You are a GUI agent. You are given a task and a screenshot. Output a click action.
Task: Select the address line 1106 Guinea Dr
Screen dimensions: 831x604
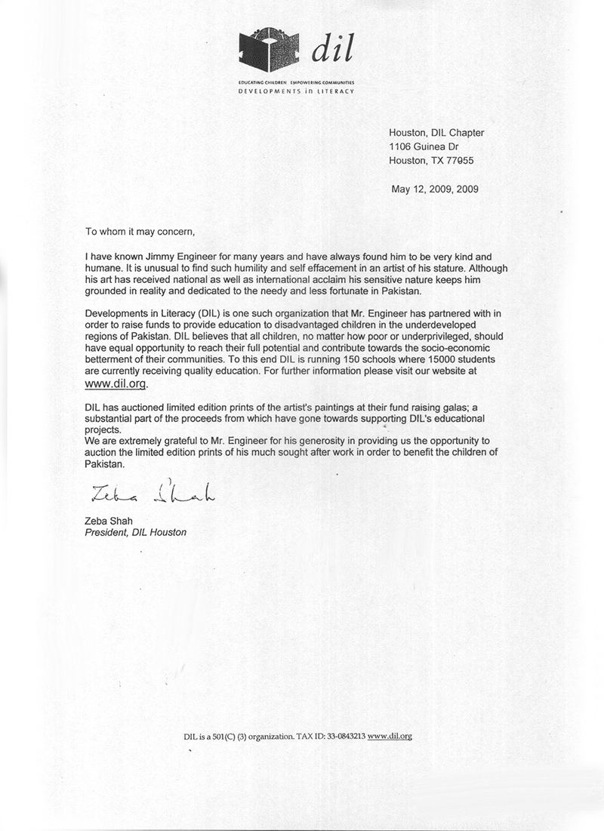coord(423,146)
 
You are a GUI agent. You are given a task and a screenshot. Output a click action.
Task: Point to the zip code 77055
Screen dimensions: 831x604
coord(460,160)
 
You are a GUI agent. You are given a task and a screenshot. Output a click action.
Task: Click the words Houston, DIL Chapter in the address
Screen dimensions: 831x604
coord(436,133)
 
